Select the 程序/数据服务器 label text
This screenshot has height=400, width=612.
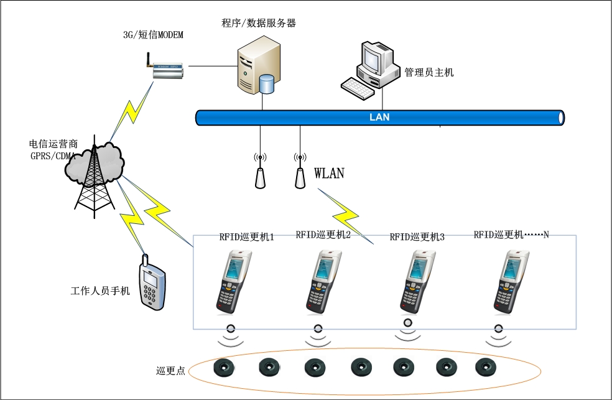click(x=259, y=24)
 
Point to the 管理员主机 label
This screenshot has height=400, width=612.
click(x=429, y=73)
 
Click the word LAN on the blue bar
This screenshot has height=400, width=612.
click(x=379, y=117)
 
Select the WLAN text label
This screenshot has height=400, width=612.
click(x=329, y=173)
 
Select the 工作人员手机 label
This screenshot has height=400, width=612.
click(x=100, y=291)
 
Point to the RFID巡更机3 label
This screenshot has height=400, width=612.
click(x=417, y=237)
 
